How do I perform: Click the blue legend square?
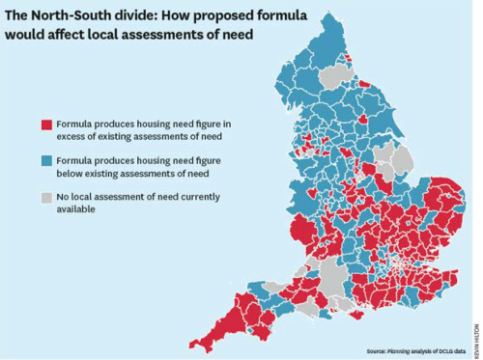tap(45, 161)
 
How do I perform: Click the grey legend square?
tap(45, 197)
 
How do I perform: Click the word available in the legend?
tap(76, 209)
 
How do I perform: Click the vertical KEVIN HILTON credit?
tap(476, 327)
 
